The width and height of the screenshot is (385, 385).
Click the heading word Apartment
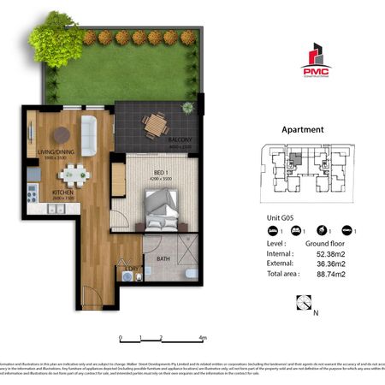point(302,130)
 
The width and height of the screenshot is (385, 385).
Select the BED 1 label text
point(158,173)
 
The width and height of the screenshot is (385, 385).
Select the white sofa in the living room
point(89,130)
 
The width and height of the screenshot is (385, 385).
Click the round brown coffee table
point(62,134)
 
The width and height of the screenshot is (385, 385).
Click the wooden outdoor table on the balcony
point(155,125)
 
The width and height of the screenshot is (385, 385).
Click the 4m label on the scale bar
point(203,337)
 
